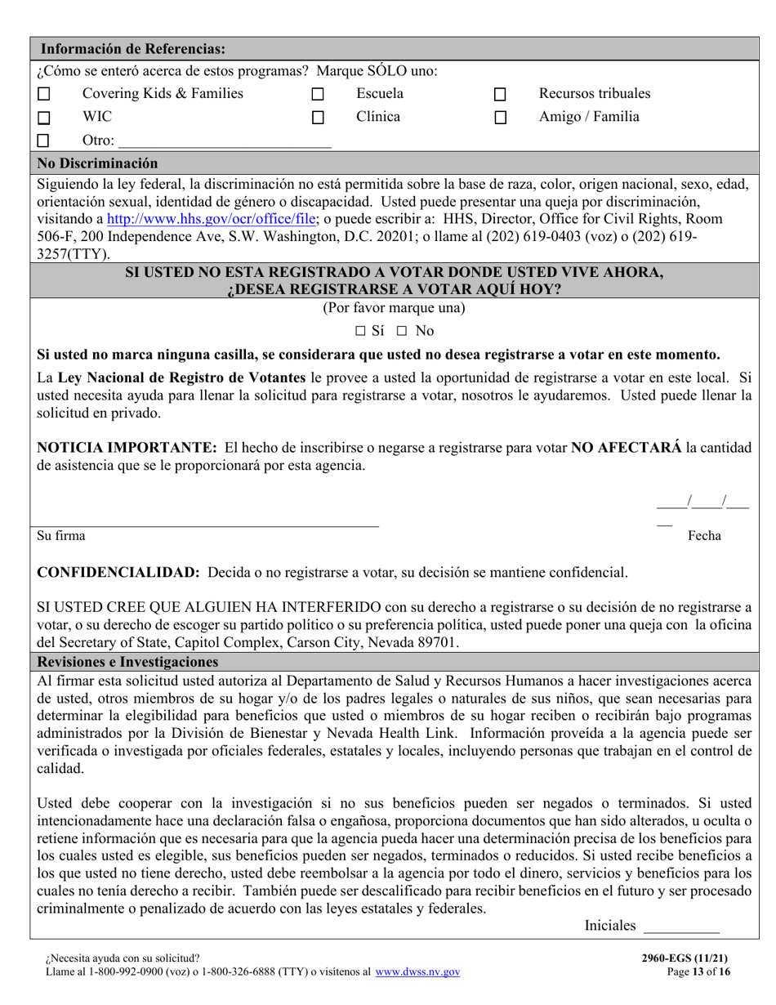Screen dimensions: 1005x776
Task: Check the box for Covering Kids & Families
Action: coord(44,95)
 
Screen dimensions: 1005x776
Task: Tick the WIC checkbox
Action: coord(44,118)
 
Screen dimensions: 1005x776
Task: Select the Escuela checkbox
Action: coord(319,95)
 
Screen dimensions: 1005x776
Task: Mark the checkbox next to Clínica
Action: coord(319,118)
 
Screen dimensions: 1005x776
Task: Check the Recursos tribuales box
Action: coord(501,95)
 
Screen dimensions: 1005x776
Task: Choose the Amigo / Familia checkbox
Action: coord(501,118)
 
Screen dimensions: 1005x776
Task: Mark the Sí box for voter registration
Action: coord(361,332)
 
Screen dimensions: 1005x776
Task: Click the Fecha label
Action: coord(704,536)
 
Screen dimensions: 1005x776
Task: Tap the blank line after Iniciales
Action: coord(681,927)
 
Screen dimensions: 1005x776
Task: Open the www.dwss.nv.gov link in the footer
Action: coord(417,972)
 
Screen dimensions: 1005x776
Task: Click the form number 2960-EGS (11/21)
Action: coord(689,958)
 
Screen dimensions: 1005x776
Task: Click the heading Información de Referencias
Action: coord(133,48)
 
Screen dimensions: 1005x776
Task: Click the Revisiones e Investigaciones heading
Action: coord(127,661)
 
